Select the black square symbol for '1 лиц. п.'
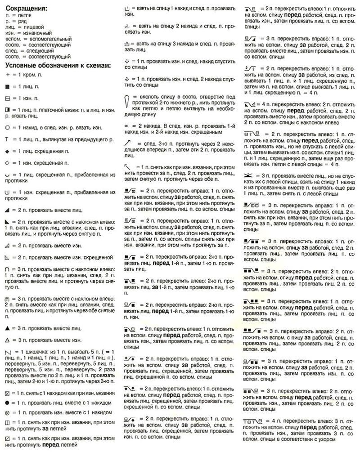(7, 85)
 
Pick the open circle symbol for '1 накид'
(7, 127)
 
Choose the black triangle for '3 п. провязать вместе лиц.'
(7, 324)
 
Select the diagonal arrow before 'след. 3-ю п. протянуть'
(129, 143)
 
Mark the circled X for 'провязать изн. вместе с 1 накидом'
(7, 412)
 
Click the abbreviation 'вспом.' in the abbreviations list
(13, 40)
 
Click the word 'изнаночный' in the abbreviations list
(35, 33)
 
